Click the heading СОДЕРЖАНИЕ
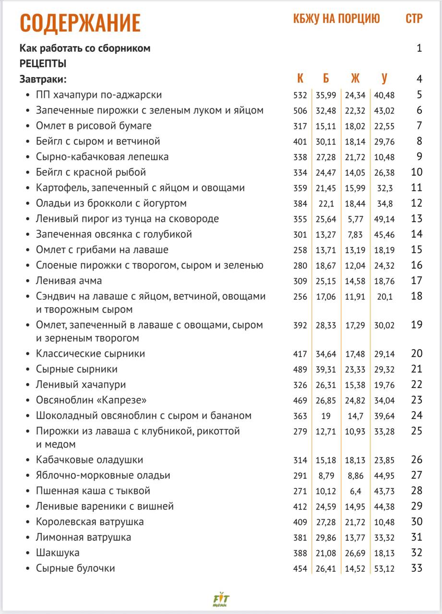80,23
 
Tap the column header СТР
414,19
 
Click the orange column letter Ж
355,79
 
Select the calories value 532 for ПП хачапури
300,95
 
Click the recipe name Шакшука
58,553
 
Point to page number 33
417,568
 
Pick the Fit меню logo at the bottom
221,599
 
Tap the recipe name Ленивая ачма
69,281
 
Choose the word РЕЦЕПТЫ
43,64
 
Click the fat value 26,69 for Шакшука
355,553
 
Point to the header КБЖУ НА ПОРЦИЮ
336,19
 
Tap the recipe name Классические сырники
90,354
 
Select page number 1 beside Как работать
419,48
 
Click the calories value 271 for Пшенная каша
300,491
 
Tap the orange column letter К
300,79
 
